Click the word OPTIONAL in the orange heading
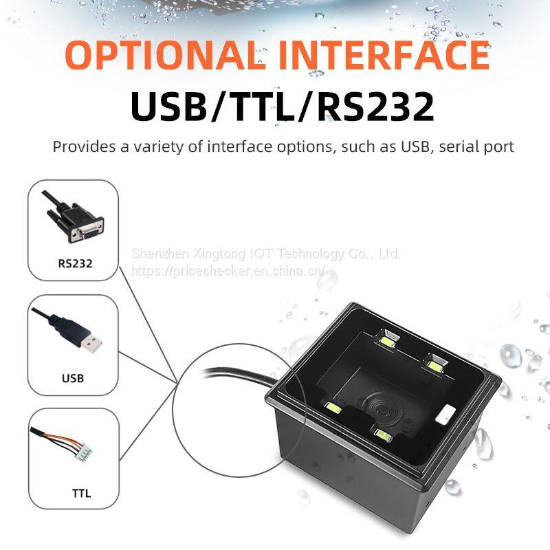coord(166,55)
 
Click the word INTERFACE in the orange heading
coord(384,55)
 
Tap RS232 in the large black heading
coord(375,107)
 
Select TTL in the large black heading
coord(263,107)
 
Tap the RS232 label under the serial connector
coord(75,263)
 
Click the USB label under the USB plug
coord(73,378)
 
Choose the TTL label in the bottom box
coord(81,494)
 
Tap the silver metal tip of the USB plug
coord(92,344)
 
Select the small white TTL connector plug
coord(83,453)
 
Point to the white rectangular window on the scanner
coord(445,414)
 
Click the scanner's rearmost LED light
coord(388,341)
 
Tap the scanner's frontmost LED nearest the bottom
coord(383,435)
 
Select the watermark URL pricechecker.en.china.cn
coord(228,271)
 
